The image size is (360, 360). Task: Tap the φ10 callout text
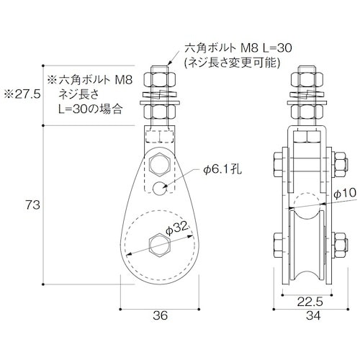pos(346,192)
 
